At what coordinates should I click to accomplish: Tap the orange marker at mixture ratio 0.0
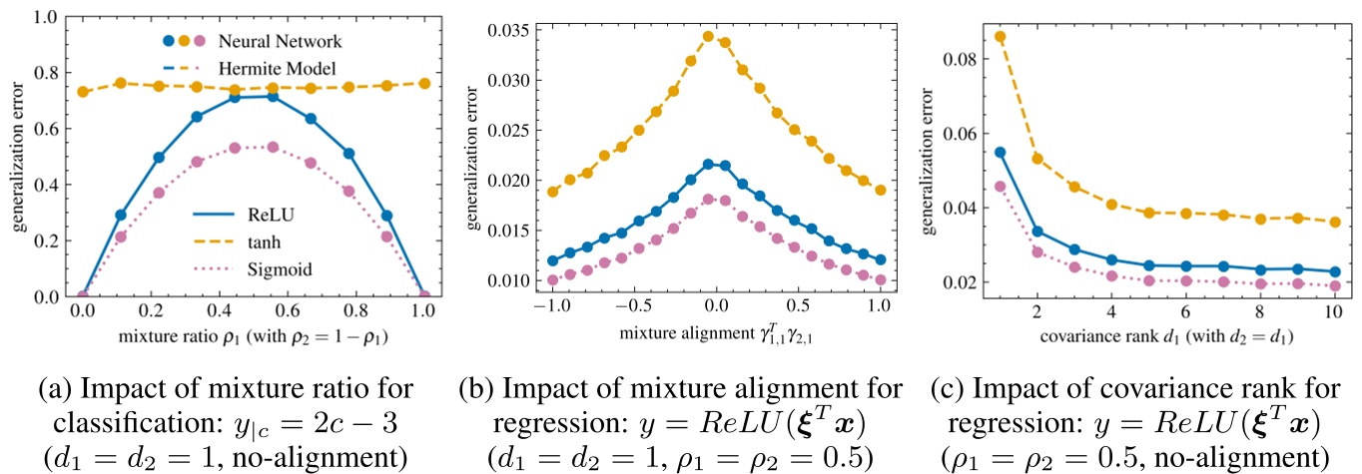point(84,92)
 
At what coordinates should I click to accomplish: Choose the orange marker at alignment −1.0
point(553,191)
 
